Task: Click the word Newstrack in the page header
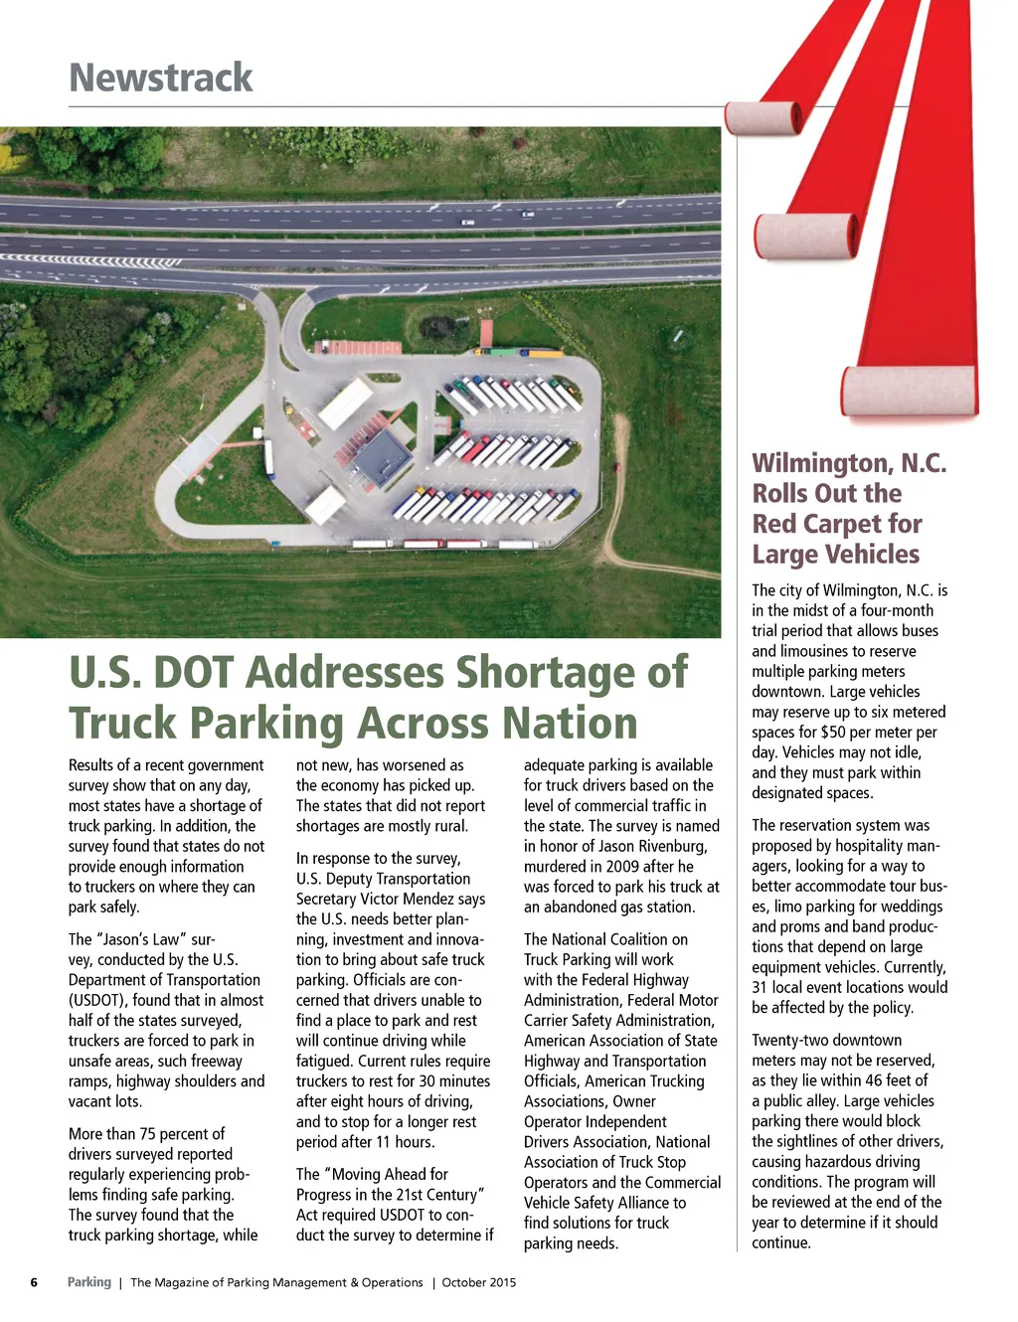[161, 78]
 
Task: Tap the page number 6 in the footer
[34, 1282]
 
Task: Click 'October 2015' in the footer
[479, 1282]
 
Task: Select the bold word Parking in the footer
[89, 1282]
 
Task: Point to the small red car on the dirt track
[616, 466]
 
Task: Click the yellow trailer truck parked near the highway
[545, 353]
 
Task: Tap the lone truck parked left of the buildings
[268, 458]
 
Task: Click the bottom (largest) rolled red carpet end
[909, 391]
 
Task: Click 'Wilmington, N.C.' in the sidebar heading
[849, 463]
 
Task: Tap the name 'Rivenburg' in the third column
[671, 846]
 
